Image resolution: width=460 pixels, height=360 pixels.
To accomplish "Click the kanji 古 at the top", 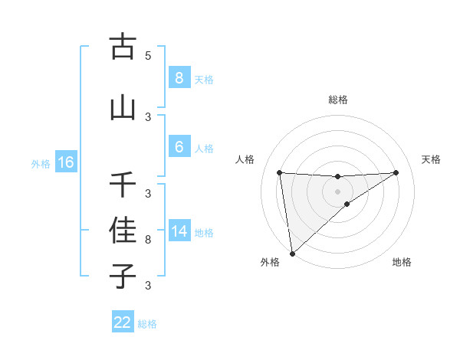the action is click(123, 47).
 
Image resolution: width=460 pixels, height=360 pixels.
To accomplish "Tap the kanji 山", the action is click(123, 108).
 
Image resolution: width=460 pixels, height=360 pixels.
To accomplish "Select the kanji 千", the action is click(123, 185).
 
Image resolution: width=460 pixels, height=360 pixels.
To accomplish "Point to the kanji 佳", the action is click(123, 230).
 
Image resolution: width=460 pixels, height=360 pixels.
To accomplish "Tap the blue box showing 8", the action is click(179, 77).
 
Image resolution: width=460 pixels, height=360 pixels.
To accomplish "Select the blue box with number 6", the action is click(179, 147).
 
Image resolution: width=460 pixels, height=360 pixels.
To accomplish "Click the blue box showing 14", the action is click(179, 231).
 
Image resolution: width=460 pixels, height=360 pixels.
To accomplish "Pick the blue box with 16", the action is click(65, 162).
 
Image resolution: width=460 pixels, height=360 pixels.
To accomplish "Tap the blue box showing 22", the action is click(123, 322).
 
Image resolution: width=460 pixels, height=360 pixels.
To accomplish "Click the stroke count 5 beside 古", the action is click(148, 56).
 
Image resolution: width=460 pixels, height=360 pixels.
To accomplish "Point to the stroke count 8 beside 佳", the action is click(148, 240).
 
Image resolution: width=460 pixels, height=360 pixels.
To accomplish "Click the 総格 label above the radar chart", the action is click(337, 100).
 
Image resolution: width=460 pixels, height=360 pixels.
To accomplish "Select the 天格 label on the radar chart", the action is click(432, 159).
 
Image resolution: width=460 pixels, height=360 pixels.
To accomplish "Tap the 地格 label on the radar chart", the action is click(402, 262).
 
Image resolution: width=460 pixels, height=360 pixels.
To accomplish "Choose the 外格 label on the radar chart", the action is click(270, 262).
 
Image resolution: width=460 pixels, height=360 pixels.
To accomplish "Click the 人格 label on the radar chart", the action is click(245, 159).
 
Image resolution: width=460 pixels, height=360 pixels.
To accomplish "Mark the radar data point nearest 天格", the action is click(396, 172).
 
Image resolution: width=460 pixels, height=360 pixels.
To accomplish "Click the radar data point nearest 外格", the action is click(292, 253).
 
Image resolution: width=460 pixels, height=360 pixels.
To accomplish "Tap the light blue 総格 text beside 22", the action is click(147, 324).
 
